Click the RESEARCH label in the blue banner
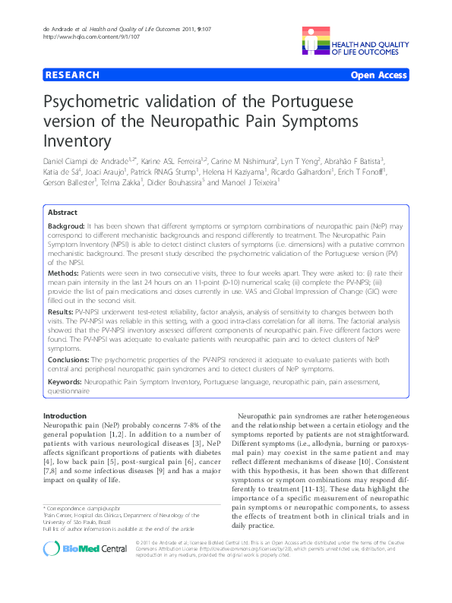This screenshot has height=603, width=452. (71, 75)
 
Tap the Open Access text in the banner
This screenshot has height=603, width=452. (378, 75)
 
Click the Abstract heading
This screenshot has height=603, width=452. (64, 213)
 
